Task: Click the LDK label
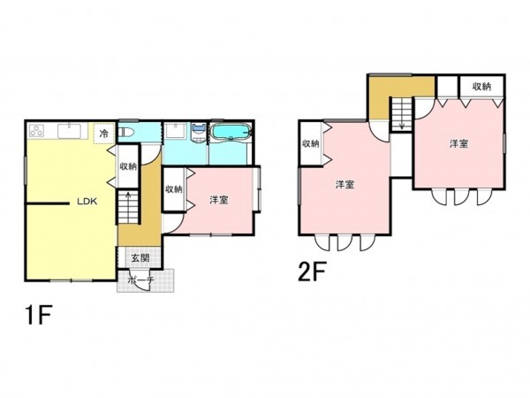[x=87, y=202]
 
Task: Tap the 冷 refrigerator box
[x=103, y=133]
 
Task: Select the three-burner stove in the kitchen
[x=36, y=131]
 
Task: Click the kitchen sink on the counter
[x=69, y=131]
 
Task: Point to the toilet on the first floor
[x=126, y=132]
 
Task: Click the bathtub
[x=231, y=132]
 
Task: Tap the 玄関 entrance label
[x=140, y=258]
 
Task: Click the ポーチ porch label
[x=141, y=279]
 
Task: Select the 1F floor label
[x=39, y=315]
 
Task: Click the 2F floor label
[x=311, y=272]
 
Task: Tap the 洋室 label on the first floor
[x=219, y=200]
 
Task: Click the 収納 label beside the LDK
[x=128, y=166]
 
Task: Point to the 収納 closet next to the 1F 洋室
[x=174, y=189]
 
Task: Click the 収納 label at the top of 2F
[x=481, y=87]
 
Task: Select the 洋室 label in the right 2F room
[x=458, y=144]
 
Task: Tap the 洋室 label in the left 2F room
[x=344, y=185]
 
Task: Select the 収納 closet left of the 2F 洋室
[x=311, y=143]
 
